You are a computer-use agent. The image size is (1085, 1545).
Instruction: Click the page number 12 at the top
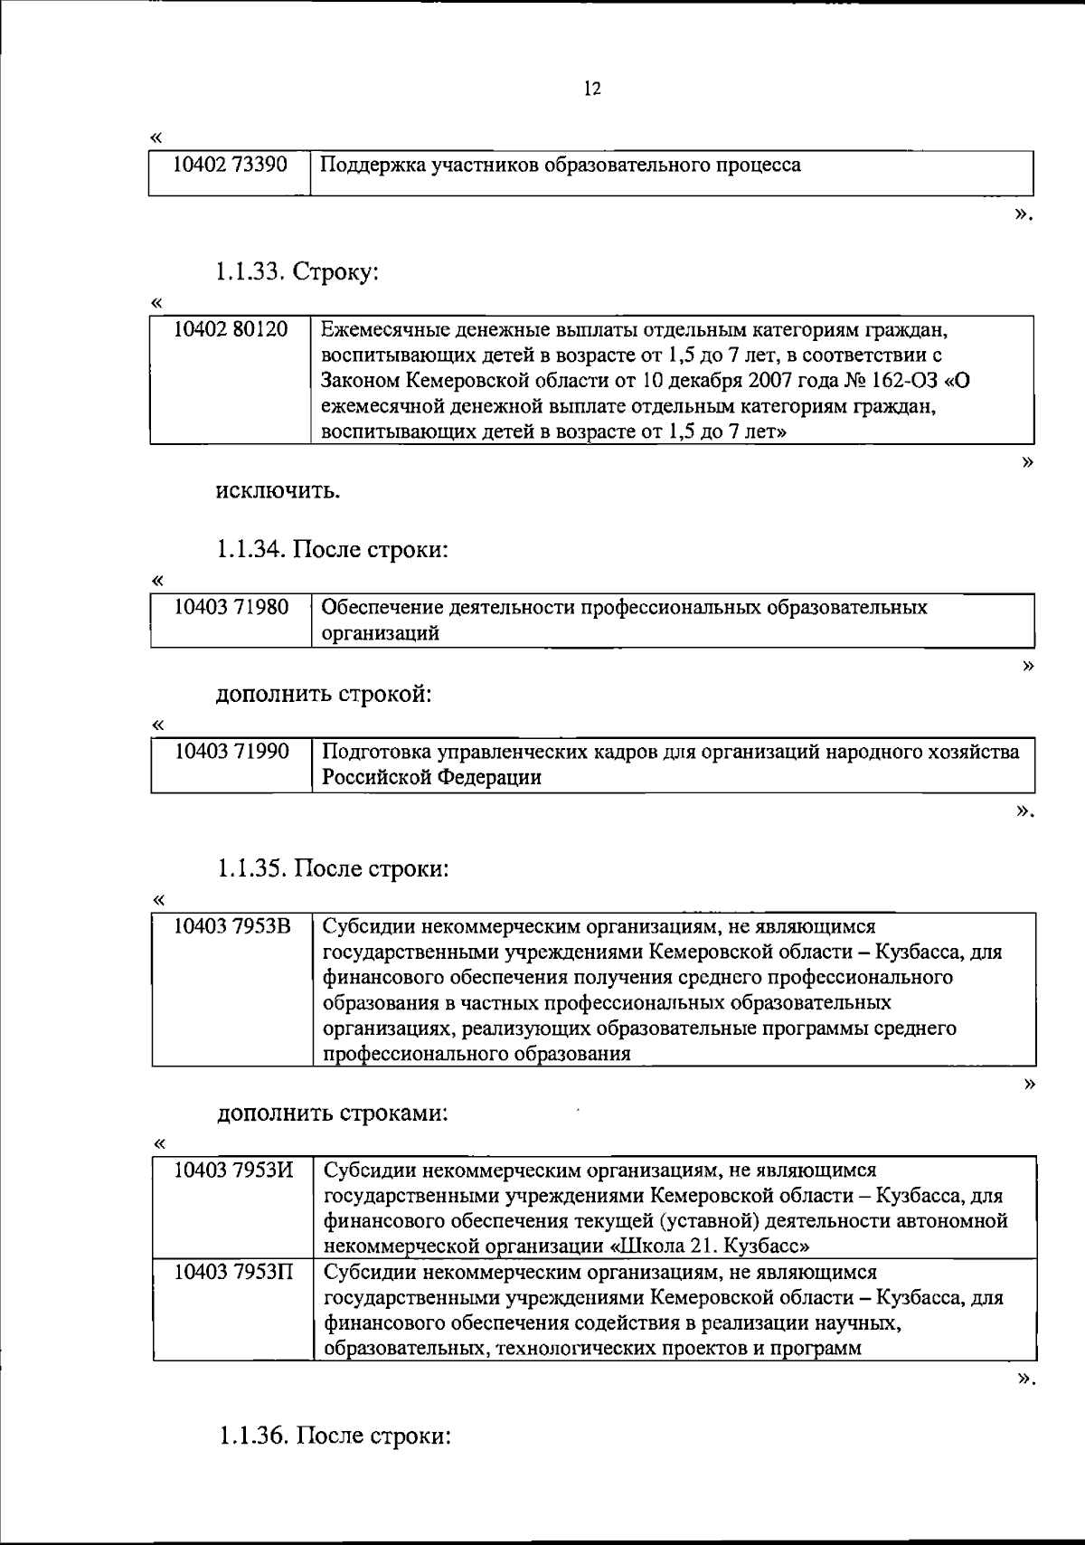(592, 89)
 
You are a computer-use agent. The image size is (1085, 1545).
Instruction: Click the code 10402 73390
(230, 166)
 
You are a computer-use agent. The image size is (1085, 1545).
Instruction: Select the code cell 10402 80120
(230, 329)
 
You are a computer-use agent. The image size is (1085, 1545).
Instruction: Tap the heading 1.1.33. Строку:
(297, 273)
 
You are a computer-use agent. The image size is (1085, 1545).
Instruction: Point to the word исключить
(278, 492)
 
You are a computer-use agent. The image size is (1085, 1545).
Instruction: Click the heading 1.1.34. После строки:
(332, 550)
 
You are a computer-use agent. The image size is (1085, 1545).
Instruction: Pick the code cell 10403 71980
(230, 607)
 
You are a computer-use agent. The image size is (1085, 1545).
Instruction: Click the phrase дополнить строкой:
(324, 695)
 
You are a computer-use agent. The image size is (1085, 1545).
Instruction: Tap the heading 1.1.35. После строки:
(333, 869)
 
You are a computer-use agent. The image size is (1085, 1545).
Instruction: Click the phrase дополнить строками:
(332, 1113)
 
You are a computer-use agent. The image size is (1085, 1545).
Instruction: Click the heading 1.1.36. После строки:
(334, 1436)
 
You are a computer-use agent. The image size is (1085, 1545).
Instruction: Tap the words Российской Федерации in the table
(432, 777)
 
